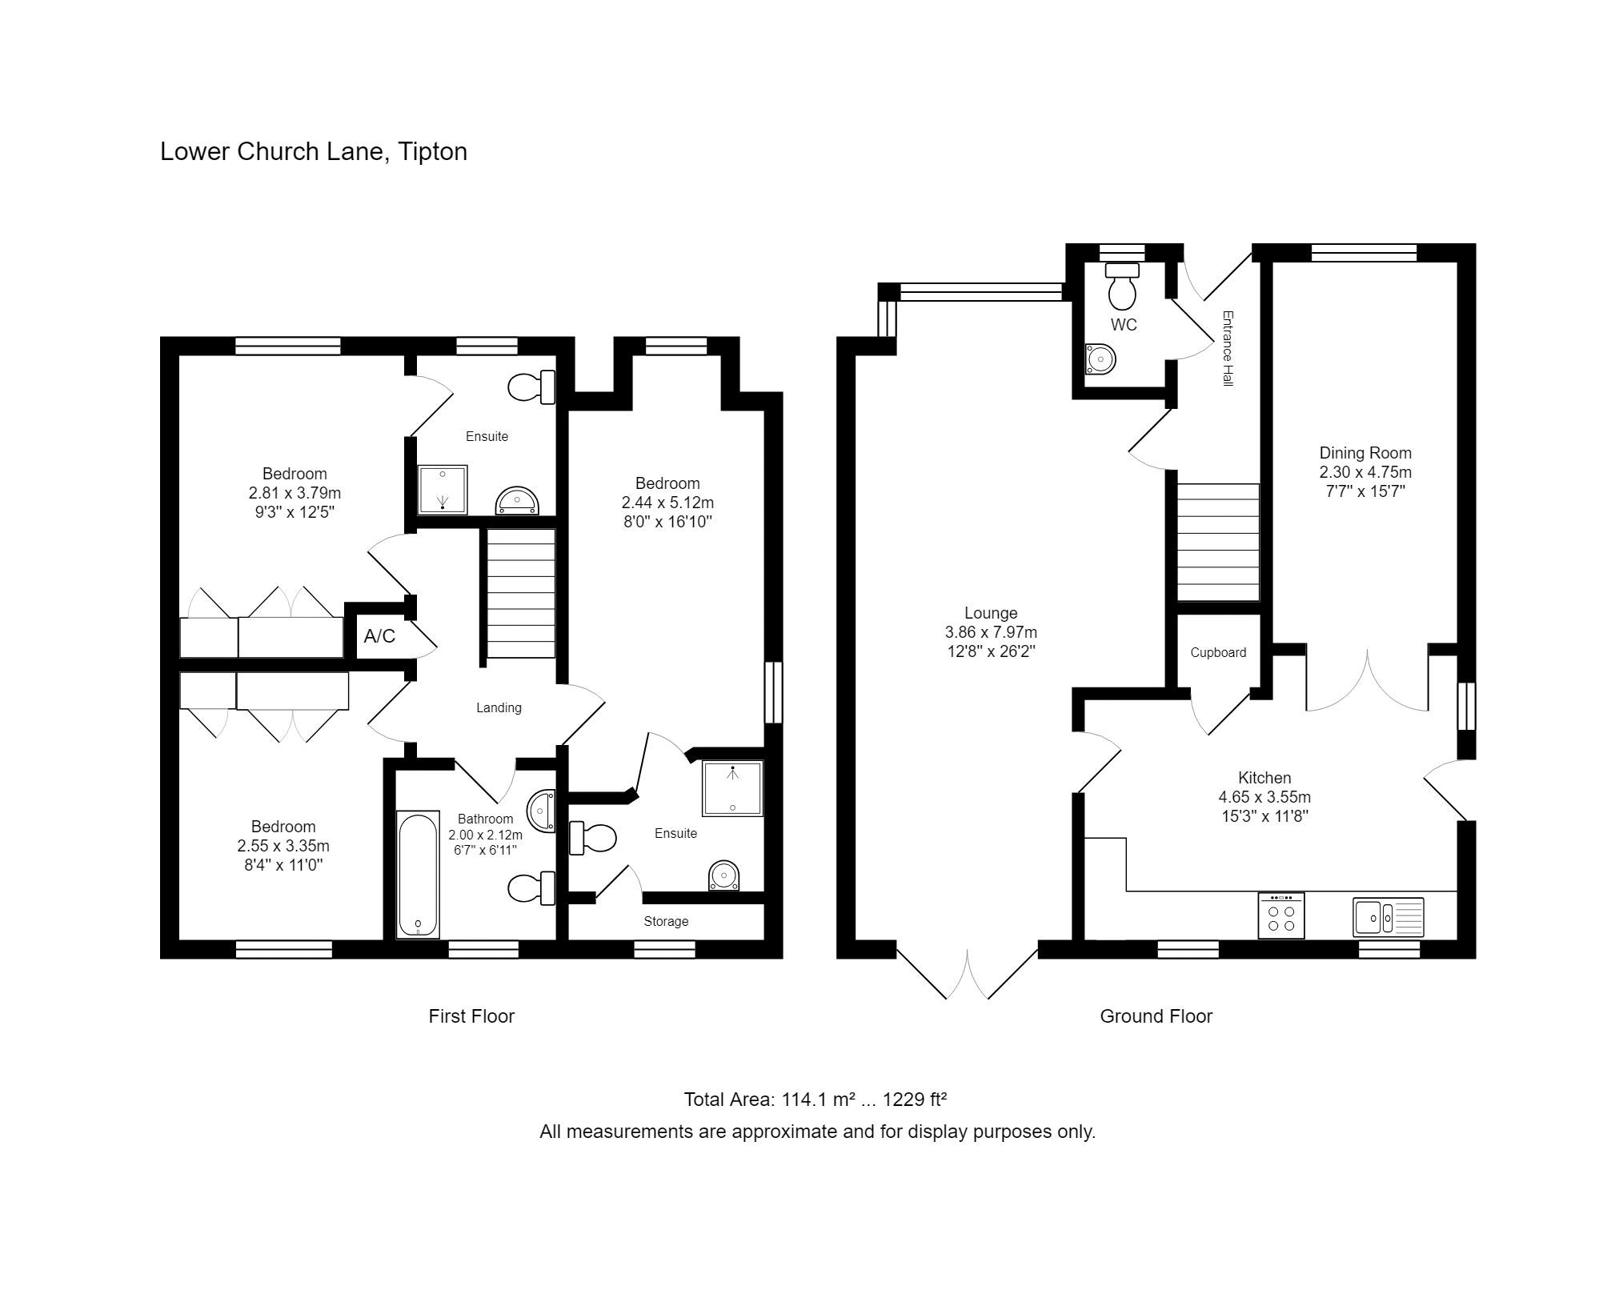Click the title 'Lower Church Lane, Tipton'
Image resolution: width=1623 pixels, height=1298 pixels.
point(314,151)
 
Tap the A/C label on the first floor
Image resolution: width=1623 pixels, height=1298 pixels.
point(379,636)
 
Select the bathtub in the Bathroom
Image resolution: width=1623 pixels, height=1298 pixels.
point(418,874)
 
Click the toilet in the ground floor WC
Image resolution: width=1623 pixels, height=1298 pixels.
point(1122,285)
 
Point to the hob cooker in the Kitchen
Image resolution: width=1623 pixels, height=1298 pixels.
point(1281,915)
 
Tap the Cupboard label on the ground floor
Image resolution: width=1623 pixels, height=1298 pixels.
point(1218,652)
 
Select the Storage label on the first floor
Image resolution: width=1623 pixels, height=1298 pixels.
point(666,921)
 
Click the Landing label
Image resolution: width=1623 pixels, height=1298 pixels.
point(499,707)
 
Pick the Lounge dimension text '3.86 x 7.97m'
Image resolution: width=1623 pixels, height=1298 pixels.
point(991,632)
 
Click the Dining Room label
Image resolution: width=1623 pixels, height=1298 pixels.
point(1365,453)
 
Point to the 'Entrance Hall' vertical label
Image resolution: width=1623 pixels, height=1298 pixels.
point(1228,349)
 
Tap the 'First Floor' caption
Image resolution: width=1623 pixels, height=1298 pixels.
point(471,1016)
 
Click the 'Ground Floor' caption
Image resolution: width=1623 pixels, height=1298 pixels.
point(1156,1016)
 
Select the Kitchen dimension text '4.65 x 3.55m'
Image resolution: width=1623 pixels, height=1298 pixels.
point(1264,797)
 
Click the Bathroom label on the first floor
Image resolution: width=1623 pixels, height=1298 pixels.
point(485,819)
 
